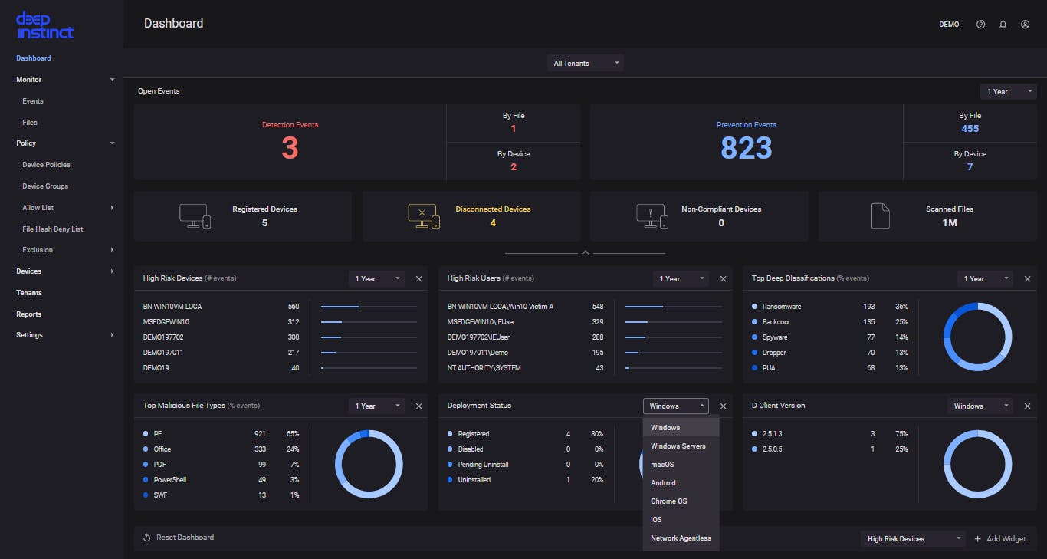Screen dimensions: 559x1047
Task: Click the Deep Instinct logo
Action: coord(44,25)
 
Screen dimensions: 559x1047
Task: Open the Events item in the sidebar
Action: coord(33,101)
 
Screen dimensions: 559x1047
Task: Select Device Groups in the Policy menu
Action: coord(45,186)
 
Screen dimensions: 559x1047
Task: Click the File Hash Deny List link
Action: coord(53,229)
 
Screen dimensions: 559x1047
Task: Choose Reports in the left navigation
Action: coord(29,314)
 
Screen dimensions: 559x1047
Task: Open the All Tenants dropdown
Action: coord(585,64)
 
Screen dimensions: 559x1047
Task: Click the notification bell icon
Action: coord(1003,25)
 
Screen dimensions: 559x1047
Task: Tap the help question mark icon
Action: coord(980,25)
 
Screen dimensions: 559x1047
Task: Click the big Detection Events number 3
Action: coord(290,148)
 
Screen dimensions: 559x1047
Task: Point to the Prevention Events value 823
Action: coord(746,148)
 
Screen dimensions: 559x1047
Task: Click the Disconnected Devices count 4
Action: coord(493,223)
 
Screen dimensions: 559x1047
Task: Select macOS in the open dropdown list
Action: coord(662,465)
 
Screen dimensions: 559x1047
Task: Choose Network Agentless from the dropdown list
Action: coord(681,538)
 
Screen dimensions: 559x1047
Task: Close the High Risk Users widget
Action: coord(723,279)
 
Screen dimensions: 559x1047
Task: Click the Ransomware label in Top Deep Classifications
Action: coord(782,307)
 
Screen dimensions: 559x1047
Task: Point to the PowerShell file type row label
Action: coord(170,480)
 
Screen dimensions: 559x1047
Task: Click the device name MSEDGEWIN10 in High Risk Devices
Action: coord(166,322)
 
